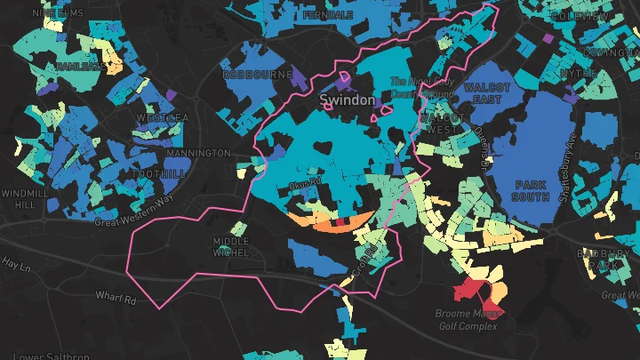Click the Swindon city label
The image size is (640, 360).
coord(347,100)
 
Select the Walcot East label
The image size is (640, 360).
coord(487,93)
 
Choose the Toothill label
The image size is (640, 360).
coord(157,174)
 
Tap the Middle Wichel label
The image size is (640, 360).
coord(231,247)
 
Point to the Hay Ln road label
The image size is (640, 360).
coord(17,263)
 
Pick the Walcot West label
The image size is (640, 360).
coord(443,124)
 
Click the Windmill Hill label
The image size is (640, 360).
coord(19,198)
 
